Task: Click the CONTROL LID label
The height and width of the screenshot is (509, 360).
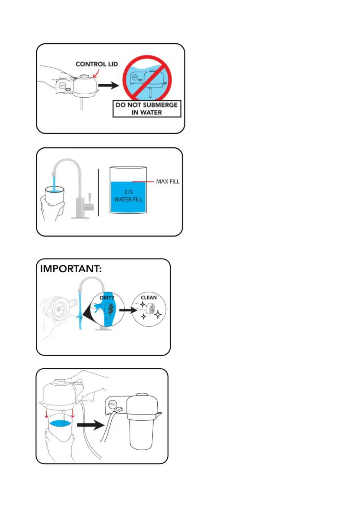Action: [97, 64]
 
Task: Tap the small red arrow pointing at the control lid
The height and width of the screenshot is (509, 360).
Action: [96, 73]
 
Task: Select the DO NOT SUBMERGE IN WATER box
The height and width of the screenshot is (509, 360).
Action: [147, 109]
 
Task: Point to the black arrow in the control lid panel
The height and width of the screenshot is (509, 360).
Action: [109, 86]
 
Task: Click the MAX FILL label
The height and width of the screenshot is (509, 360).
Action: [168, 181]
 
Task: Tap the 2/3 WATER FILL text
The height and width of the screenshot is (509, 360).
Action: [128, 196]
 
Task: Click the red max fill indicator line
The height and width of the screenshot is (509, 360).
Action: [143, 181]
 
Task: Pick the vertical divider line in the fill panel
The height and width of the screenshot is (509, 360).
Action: [98, 192]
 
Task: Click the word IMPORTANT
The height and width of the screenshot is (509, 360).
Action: [71, 269]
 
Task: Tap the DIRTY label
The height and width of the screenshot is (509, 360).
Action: [107, 298]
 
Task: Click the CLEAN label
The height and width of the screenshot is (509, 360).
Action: [149, 298]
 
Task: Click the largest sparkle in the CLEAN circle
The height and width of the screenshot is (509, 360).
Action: [158, 315]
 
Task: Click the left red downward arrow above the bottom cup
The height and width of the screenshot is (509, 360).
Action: [47, 413]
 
